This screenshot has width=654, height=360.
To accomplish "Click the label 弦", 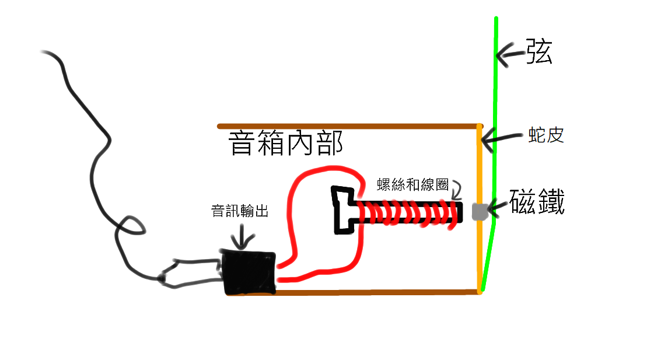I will [539, 52].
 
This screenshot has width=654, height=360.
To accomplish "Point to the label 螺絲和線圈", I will [412, 185].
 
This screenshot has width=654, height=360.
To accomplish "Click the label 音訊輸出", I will [240, 211].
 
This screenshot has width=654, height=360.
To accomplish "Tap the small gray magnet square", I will [479, 212].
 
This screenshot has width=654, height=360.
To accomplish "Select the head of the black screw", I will [344, 211].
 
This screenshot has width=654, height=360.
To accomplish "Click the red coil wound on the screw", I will [408, 213].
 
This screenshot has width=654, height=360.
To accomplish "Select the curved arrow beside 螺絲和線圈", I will [455, 188].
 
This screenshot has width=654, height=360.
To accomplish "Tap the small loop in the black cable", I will [132, 226].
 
